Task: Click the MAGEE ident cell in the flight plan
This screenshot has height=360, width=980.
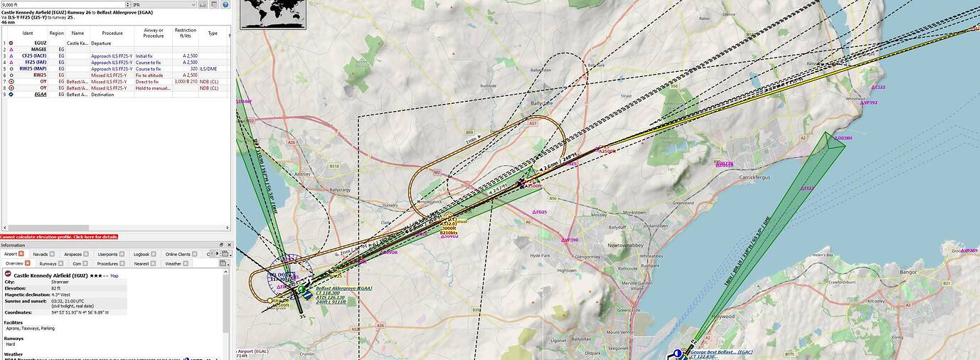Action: click(38, 49)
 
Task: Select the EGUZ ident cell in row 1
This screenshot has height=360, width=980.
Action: click(40, 43)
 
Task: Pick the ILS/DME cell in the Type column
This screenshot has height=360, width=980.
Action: click(208, 69)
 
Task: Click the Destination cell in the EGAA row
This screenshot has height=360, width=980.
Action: click(102, 95)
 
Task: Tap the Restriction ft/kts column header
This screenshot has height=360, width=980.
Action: click(185, 33)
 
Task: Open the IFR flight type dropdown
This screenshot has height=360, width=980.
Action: click(163, 4)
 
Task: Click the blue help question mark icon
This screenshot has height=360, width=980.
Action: click(226, 4)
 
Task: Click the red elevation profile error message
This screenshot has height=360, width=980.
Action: click(59, 236)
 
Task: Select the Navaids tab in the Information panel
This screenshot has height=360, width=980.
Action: click(41, 254)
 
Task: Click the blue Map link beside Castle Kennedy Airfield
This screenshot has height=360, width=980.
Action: click(114, 275)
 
